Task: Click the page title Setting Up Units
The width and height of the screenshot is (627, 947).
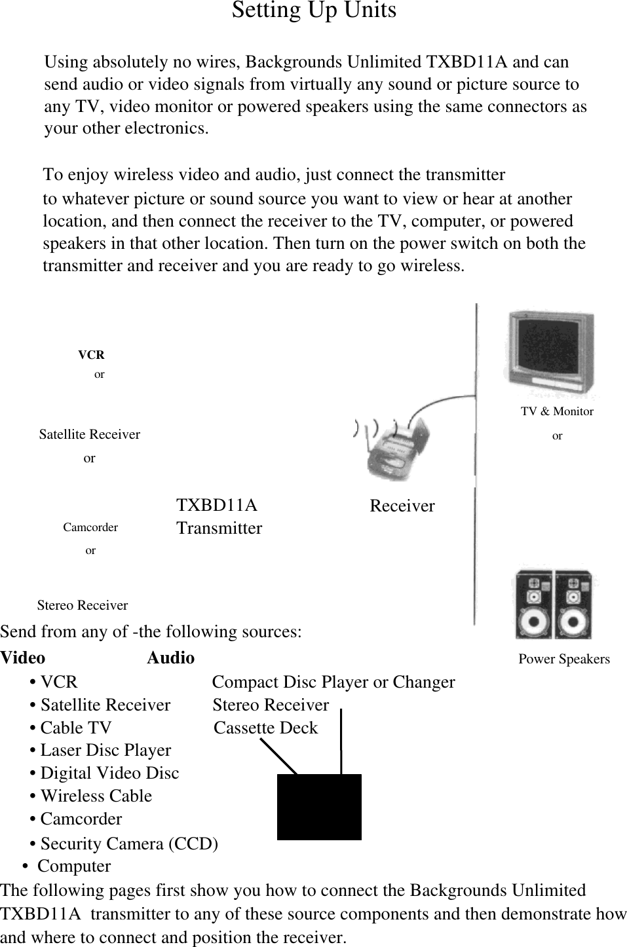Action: pos(314,11)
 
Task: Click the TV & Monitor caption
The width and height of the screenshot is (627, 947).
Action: pos(557,411)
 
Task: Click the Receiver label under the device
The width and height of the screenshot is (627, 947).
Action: pos(402,506)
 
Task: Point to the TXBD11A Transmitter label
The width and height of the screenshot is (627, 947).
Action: pos(219,517)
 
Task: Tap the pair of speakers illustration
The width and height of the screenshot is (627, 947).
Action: pos(553,604)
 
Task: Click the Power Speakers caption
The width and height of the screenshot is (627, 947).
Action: pos(563,659)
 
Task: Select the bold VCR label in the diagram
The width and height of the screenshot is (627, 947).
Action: pos(91,355)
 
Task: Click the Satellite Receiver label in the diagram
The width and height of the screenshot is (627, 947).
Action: pos(89,434)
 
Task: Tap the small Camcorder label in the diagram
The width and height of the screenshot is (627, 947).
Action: pos(90,527)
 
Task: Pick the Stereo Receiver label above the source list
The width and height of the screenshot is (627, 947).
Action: pos(83,605)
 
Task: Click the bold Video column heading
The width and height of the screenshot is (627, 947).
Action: pos(23,658)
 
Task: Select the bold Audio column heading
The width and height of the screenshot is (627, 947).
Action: pos(170,658)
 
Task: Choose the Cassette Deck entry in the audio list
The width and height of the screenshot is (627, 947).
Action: pos(265,728)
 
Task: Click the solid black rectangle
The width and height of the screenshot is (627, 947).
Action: pos(319,807)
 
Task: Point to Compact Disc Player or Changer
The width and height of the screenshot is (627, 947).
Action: pos(333,682)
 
